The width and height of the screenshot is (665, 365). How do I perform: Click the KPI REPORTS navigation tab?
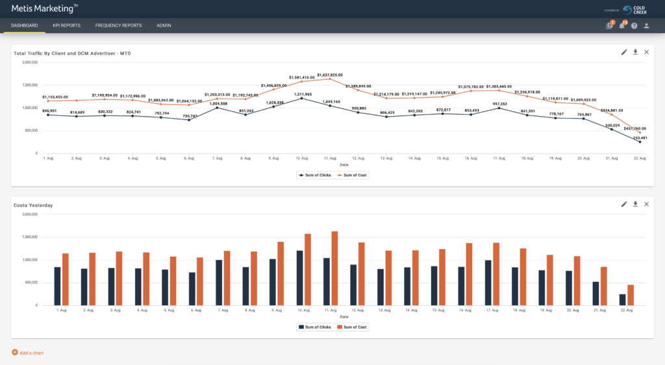tap(67, 25)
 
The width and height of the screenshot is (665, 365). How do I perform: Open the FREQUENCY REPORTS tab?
tap(118, 25)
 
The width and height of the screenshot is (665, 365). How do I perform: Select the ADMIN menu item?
tap(164, 25)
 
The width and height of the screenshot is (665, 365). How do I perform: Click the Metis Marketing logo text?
tap(44, 8)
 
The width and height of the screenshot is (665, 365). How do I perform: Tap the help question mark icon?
tap(634, 26)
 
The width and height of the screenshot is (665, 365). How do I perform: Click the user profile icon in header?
tap(646, 26)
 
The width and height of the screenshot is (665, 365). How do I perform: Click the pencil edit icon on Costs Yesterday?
tap(624, 204)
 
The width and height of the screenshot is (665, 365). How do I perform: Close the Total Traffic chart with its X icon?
tap(646, 52)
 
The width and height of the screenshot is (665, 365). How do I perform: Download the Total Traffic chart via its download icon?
tap(635, 52)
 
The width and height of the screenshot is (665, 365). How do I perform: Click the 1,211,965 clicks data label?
tap(303, 95)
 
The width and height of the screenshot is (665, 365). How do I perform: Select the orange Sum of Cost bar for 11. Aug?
tap(334, 268)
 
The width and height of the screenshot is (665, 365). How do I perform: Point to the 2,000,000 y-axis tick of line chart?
tap(30, 62)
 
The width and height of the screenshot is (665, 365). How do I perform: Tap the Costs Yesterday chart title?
tap(33, 205)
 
